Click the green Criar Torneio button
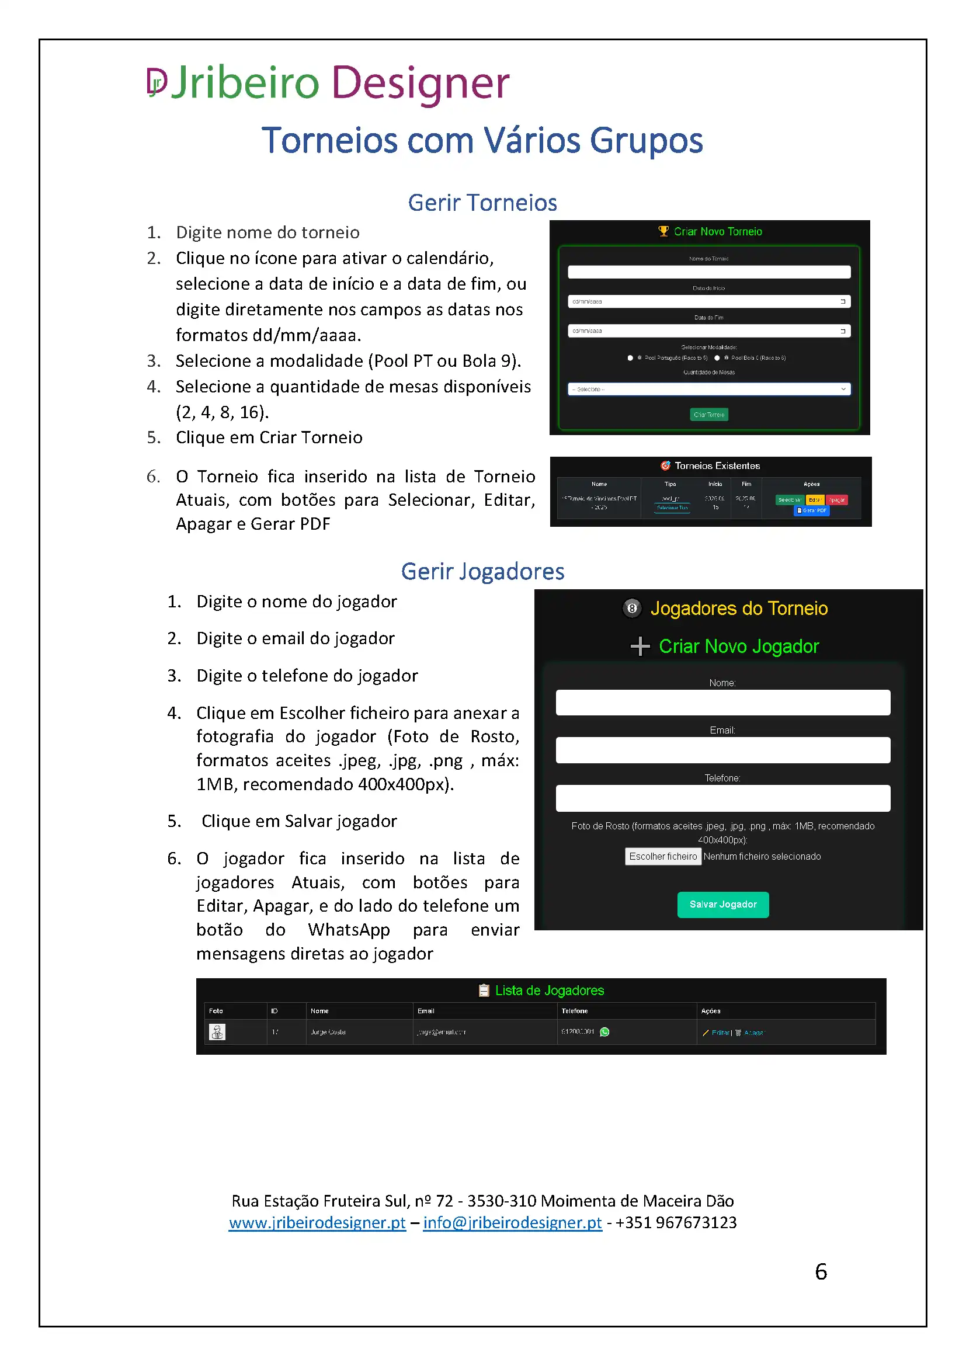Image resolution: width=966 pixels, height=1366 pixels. click(708, 415)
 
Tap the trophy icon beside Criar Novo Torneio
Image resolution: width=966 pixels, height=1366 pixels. click(663, 231)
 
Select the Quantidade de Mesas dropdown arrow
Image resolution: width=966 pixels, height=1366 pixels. click(843, 389)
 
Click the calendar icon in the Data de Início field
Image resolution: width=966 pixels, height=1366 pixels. click(843, 301)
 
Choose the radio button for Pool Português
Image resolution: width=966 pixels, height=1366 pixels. click(630, 358)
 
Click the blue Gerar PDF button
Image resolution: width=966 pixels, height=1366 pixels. click(811, 510)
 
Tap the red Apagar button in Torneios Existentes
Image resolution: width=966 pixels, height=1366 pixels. click(836, 500)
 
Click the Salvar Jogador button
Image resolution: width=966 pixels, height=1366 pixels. click(722, 904)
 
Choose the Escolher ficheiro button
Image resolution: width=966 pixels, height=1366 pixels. click(663, 856)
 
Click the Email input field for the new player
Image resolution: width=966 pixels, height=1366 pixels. click(722, 750)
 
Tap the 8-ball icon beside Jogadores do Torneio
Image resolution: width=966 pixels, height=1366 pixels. click(632, 608)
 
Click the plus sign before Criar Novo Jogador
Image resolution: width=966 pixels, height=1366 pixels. click(640, 646)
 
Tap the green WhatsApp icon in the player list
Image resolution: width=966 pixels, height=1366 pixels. click(604, 1031)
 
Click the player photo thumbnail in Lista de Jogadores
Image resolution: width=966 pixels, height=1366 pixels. click(217, 1031)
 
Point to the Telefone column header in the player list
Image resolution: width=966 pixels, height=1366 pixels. click(575, 1011)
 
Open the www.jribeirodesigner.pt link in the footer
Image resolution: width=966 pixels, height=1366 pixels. click(317, 1222)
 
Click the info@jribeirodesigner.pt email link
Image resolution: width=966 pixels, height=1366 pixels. click(512, 1222)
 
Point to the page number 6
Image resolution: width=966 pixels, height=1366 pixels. click(820, 1271)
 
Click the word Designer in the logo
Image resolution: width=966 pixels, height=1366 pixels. click(420, 84)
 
